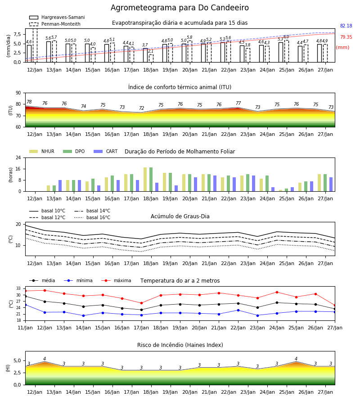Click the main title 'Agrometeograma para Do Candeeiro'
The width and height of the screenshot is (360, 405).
tap(180, 8)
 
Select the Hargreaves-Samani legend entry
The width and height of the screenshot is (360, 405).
tap(57, 17)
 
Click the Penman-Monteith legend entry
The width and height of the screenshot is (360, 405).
tap(55, 24)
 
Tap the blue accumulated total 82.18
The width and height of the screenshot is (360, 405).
tap(346, 26)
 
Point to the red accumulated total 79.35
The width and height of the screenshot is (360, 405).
tap(346, 37)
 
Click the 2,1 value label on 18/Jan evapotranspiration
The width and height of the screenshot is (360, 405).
tap(151, 51)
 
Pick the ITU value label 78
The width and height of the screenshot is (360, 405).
tap(29, 102)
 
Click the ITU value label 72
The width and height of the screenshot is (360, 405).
tap(141, 108)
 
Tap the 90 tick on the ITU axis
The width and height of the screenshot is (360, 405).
tap(18, 93)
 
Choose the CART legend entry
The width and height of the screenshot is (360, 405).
tap(106, 151)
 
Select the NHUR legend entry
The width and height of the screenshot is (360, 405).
tap(42, 151)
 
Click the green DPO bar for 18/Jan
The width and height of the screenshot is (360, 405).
tap(151, 180)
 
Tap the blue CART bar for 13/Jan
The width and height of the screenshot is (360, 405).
tap(60, 186)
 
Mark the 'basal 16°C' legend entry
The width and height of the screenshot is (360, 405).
tap(92, 217)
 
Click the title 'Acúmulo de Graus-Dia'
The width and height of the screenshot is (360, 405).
tap(180, 216)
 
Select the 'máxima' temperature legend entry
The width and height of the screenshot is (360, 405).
tap(116, 280)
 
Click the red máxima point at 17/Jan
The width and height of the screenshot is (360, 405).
tap(141, 303)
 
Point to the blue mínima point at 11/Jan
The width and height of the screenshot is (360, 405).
tap(26, 305)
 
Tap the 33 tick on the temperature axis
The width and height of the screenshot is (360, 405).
tap(18, 288)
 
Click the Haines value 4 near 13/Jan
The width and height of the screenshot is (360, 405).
tap(45, 359)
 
